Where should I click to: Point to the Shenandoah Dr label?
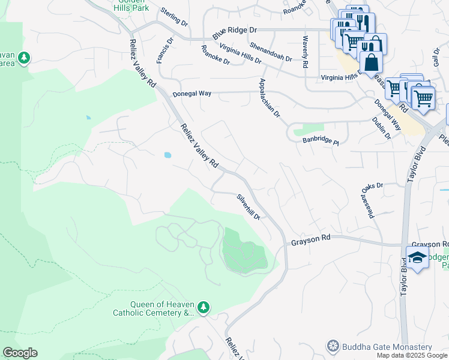pos(271,51)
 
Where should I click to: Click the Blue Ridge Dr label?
pos(234,31)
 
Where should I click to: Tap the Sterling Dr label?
pos(174,16)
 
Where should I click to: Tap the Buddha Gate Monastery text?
pos(387,347)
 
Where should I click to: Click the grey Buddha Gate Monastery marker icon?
pos(333,347)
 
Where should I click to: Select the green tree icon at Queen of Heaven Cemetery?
pos(204,307)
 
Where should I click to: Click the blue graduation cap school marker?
pos(417,258)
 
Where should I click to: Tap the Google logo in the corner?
pos(20,353)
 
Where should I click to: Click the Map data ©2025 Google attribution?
pos(412,355)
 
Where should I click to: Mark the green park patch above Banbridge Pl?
pos(309,129)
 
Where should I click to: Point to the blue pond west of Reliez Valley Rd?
pos(166,155)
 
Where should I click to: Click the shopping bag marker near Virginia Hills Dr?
pos(371,62)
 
